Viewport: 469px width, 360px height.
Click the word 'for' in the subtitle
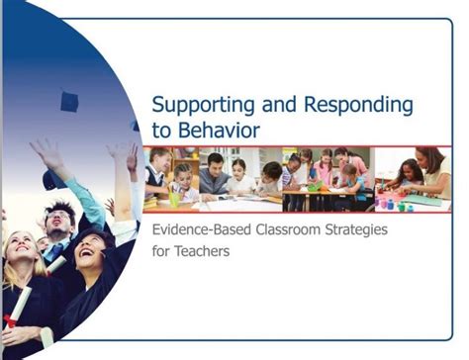(x=158, y=251)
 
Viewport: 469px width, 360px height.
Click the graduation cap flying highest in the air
(x=69, y=101)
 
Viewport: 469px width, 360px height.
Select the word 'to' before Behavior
(x=157, y=129)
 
